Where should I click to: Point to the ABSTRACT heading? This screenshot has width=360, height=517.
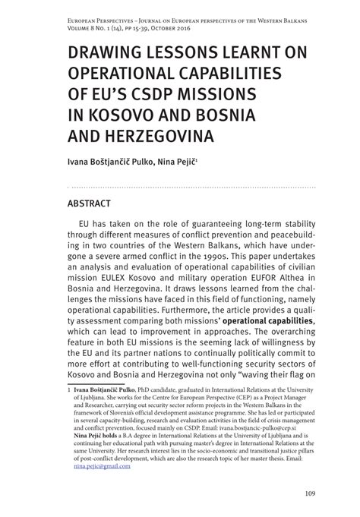click(x=90, y=203)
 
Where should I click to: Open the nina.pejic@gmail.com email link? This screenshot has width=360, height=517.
click(x=103, y=466)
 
